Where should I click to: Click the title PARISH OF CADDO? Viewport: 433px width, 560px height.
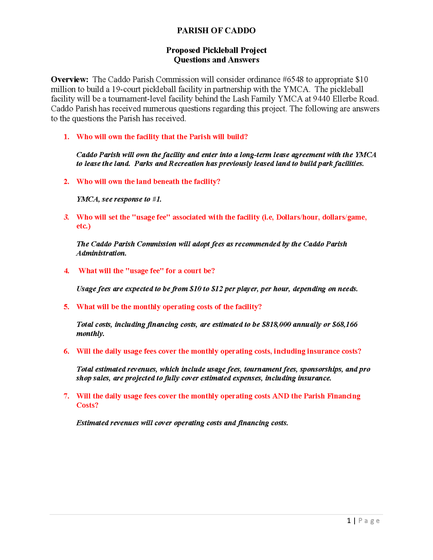pyautogui.click(x=216, y=31)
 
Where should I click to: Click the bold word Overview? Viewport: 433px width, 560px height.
pyautogui.click(x=69, y=79)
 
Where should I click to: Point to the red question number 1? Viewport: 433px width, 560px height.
pyautogui.click(x=66, y=137)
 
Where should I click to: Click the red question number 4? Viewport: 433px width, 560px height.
pyautogui.click(x=66, y=271)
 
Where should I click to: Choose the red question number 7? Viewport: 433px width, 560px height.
pyautogui.click(x=66, y=396)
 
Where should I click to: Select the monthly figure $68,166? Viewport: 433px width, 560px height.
pyautogui.click(x=345, y=324)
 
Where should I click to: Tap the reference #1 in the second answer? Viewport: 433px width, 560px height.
pyautogui.click(x=157, y=199)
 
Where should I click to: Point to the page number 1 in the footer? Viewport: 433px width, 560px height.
pyautogui.click(x=349, y=521)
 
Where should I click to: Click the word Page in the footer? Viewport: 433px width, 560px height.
pyautogui.click(x=369, y=521)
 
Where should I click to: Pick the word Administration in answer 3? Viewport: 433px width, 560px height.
pyautogui.click(x=101, y=253)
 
